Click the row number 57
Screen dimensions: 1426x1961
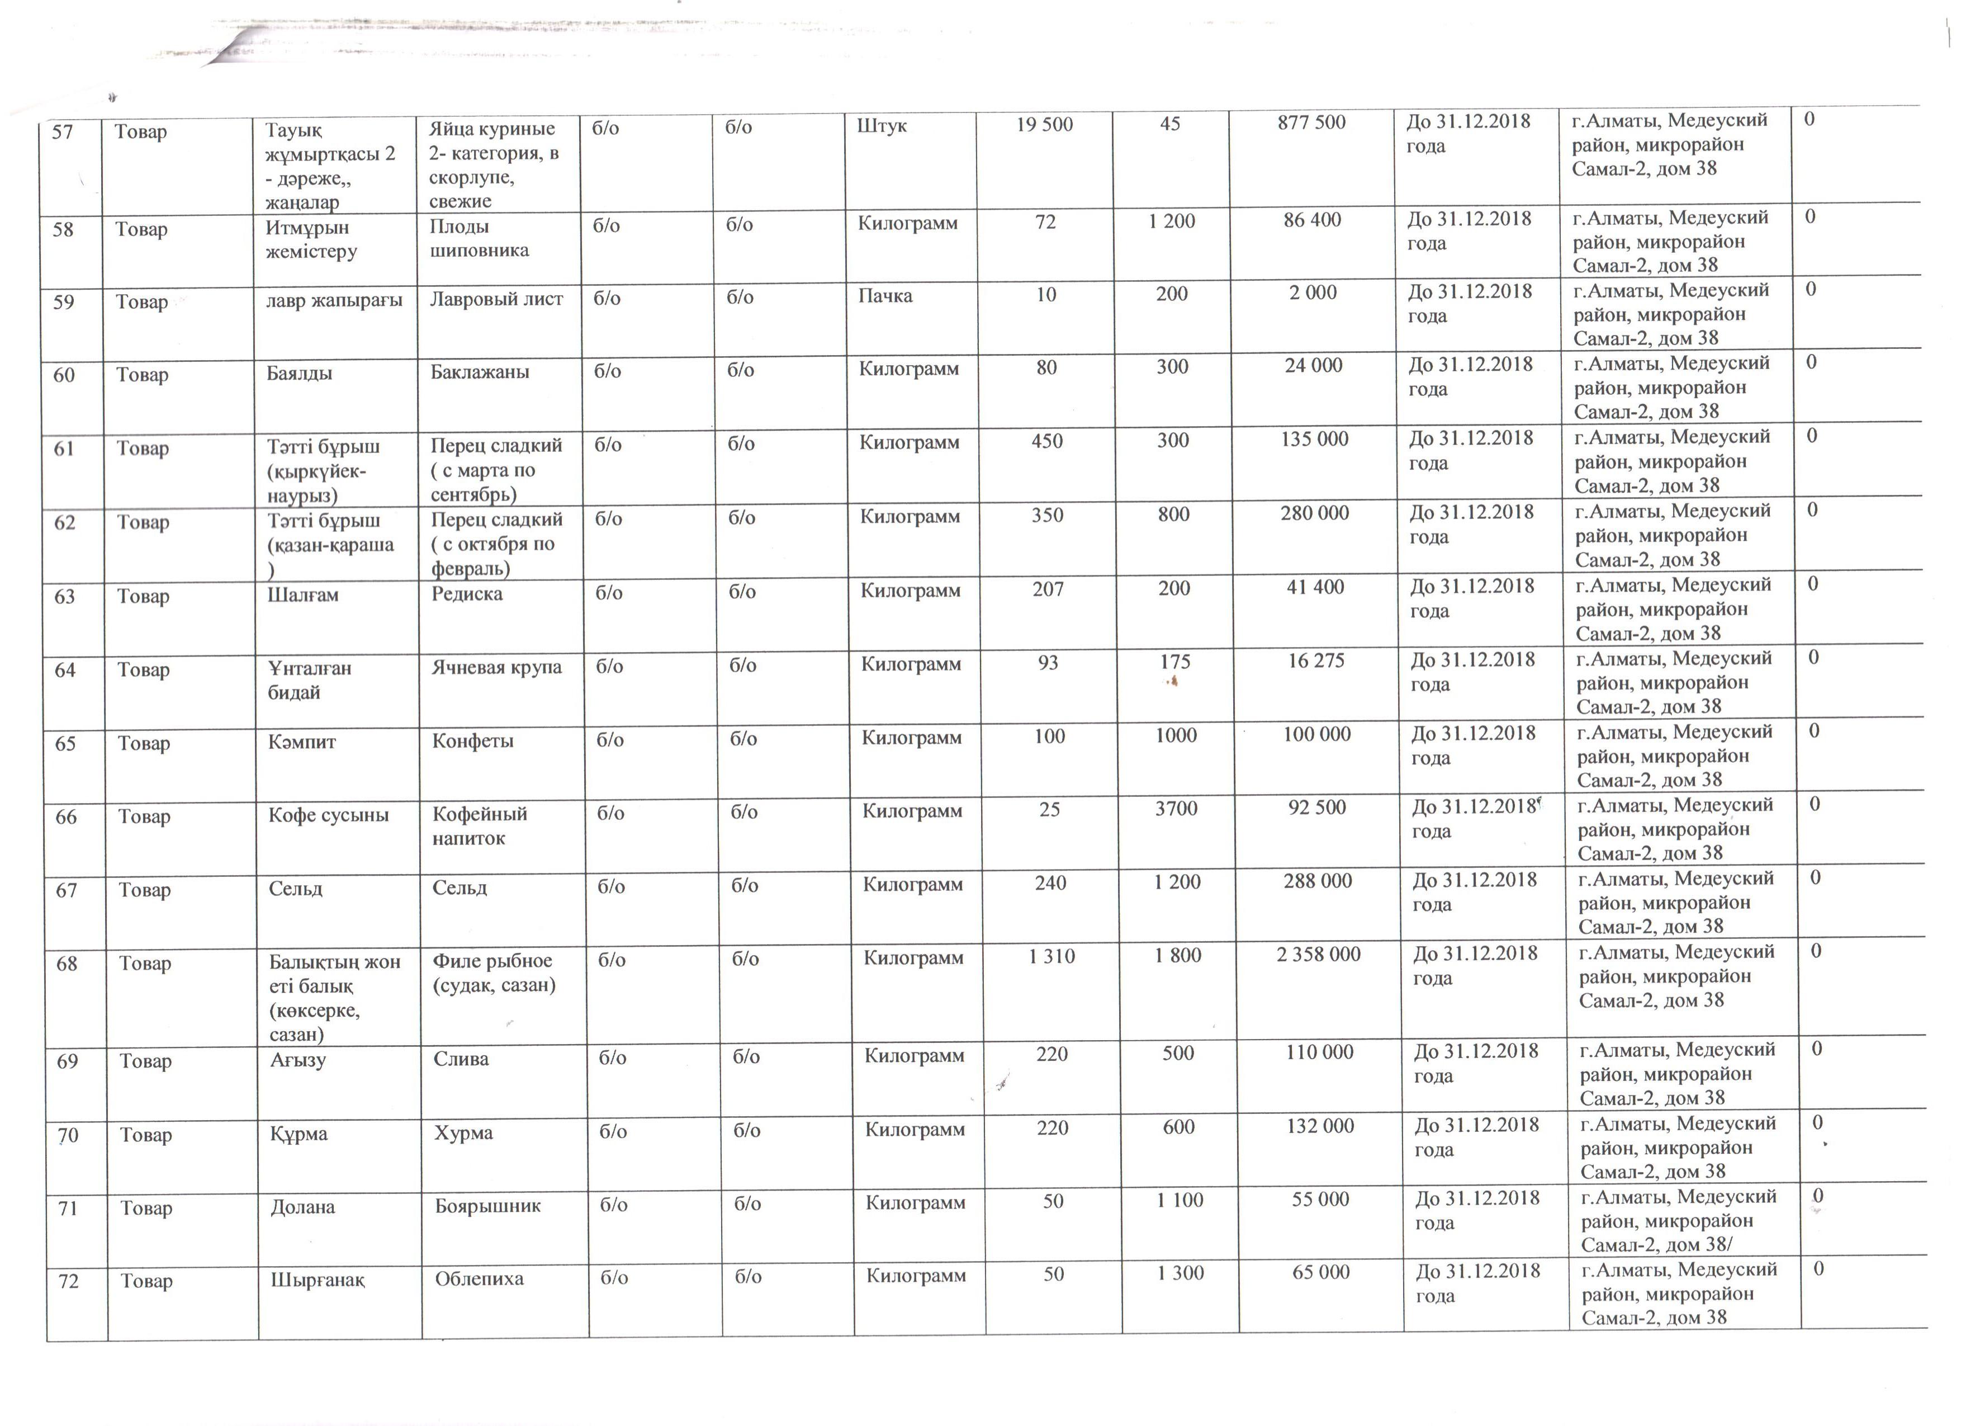(x=62, y=133)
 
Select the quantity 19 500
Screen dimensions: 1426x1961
(x=1044, y=125)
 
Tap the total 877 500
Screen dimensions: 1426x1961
(x=1311, y=123)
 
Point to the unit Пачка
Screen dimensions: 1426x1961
(x=885, y=296)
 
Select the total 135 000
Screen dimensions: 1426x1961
(x=1314, y=440)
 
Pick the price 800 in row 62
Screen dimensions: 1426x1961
(x=1173, y=514)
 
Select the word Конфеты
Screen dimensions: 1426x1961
(x=472, y=741)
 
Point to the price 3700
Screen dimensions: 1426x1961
(x=1176, y=809)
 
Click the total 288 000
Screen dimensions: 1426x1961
(x=1318, y=881)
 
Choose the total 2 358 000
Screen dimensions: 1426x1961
(x=1319, y=955)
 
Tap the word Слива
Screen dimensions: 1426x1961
(x=461, y=1059)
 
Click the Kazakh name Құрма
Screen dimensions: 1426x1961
(x=299, y=1134)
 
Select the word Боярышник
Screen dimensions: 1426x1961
(x=487, y=1206)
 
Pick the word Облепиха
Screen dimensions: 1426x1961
(x=479, y=1279)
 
